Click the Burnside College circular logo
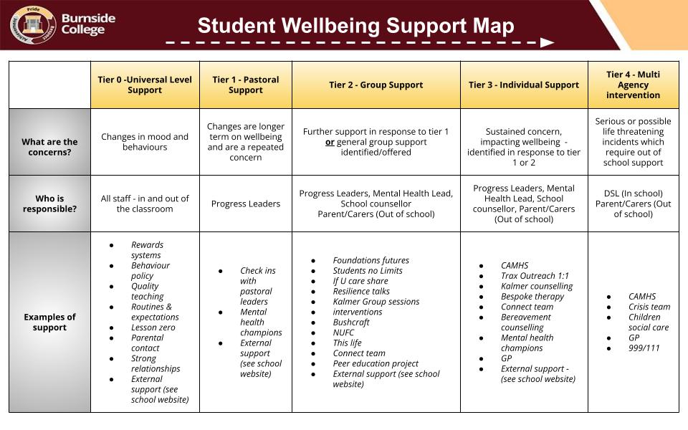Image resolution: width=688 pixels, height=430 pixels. [33, 24]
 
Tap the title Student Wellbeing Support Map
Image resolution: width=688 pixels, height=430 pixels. [355, 26]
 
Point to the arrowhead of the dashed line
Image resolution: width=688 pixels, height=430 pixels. [547, 42]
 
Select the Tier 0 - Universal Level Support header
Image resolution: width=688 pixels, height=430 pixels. [145, 85]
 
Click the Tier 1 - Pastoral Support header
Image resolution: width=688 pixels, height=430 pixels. [246, 85]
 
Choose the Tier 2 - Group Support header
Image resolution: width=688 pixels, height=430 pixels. [376, 85]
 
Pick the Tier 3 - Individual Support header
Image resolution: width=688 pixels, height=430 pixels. [524, 85]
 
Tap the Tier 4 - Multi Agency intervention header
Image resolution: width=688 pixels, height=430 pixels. [633, 85]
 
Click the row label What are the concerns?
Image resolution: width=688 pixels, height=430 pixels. [49, 147]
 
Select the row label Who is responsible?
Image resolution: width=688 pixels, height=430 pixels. [49, 204]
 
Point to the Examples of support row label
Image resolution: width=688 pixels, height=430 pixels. [49, 322]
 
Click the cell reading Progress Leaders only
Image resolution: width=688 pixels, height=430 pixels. [246, 204]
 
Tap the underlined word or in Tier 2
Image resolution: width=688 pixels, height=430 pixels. [330, 142]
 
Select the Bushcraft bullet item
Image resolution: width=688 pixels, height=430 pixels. [351, 322]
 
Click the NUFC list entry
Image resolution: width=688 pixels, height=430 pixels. [343, 333]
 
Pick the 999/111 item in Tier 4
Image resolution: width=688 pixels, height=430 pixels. [644, 348]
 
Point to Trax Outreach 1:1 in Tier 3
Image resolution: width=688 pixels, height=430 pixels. [535, 275]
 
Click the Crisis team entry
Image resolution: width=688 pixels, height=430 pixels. [649, 307]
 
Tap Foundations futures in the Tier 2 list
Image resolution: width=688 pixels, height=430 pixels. [371, 260]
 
